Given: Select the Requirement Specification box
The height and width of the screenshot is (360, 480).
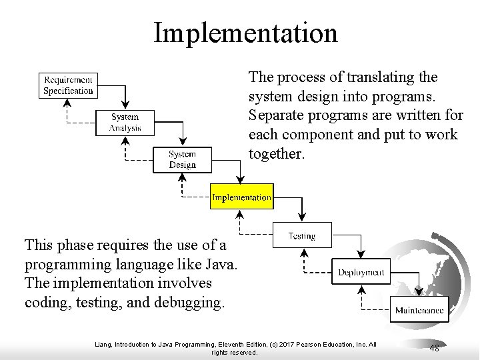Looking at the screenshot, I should pos(68,85).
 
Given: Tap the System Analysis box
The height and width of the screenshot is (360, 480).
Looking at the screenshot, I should pos(125,123).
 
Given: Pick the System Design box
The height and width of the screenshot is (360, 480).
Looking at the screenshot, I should pos(182,160).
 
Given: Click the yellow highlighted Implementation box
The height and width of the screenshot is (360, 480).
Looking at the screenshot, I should pos(241,197).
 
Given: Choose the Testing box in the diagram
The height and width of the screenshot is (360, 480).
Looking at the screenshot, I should pos(302,235).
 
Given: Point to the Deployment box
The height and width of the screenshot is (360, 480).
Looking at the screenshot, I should pos(361,272).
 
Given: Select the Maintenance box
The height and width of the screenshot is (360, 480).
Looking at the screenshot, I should pos(419,310).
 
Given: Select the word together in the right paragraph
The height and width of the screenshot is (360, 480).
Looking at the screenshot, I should pos(275,154).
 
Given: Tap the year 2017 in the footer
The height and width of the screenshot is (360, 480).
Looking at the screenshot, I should pos(283,344).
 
